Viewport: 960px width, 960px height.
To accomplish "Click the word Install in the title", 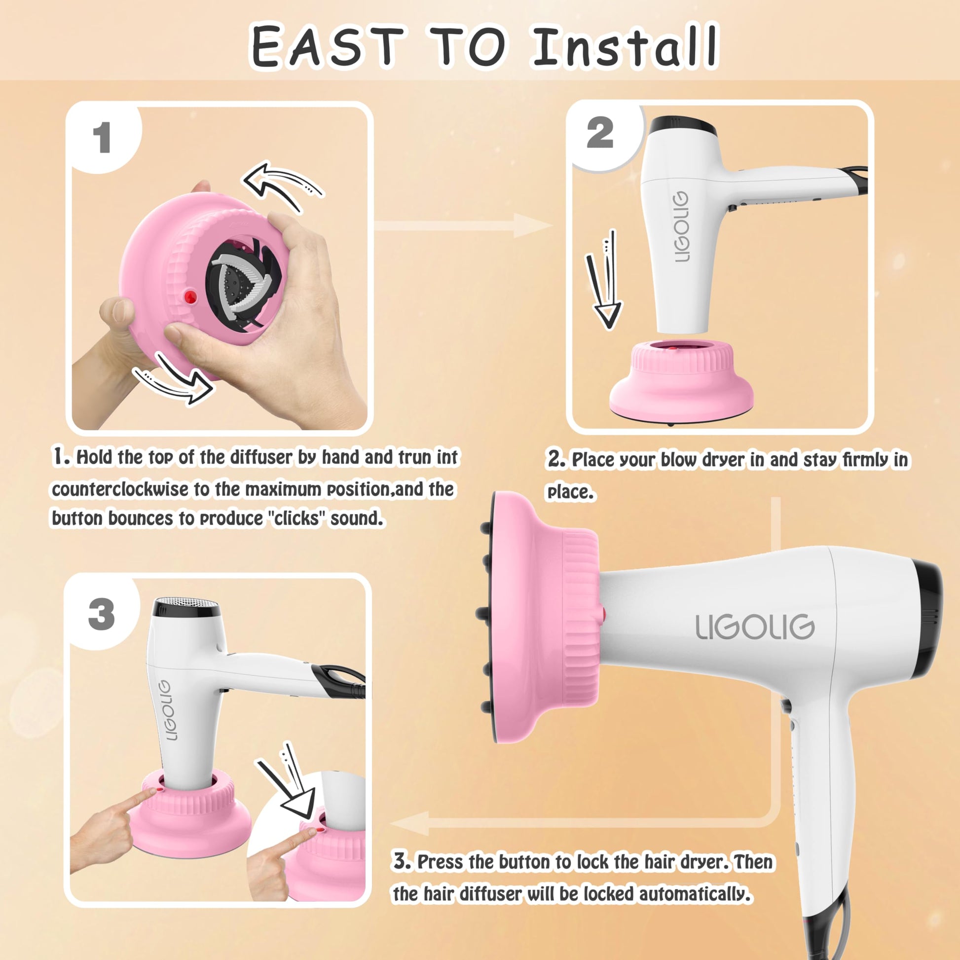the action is click(624, 46).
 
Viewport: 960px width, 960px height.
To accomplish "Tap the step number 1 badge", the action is click(102, 138).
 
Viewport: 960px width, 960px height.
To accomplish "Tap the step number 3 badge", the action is click(101, 614).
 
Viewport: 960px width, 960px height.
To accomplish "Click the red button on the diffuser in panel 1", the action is click(190, 297).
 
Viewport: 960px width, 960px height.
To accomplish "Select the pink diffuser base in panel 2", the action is click(681, 382).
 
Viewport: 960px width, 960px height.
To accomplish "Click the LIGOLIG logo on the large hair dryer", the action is click(755, 627).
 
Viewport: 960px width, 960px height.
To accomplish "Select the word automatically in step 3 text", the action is click(694, 894).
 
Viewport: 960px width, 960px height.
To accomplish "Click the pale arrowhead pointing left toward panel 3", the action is click(409, 823).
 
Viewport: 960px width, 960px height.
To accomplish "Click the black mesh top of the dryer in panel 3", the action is click(186, 607).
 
